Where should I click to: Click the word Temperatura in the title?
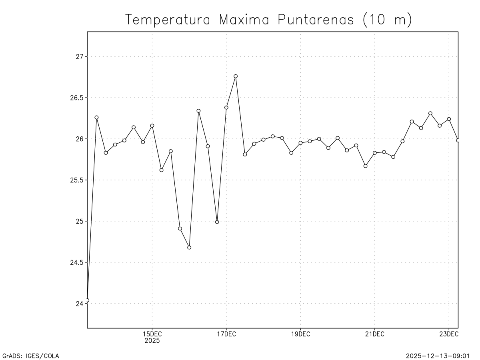168,20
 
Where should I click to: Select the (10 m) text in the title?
387,20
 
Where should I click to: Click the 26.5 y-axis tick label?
75,98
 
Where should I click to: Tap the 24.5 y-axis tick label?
75,262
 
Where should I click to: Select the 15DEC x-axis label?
152,334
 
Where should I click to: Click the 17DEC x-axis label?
226,334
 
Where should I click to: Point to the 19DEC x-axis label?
300,334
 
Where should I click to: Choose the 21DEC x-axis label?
374,334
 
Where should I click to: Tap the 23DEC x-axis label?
448,334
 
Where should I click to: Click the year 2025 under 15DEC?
152,341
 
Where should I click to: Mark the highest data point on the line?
236,76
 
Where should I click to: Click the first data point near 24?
87,300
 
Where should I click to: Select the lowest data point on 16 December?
189,247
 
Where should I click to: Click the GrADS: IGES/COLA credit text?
31,356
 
